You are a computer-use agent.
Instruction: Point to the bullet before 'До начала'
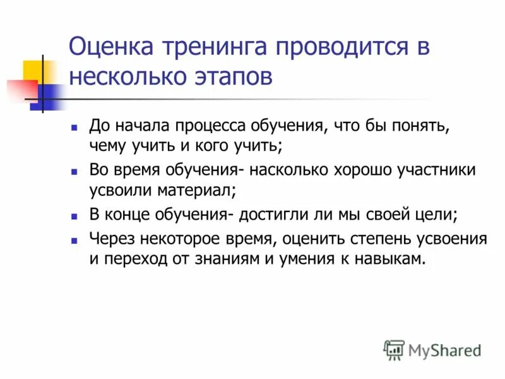point(74,127)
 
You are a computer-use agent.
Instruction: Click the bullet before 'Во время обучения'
point(74,171)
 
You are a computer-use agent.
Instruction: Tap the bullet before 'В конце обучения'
point(74,215)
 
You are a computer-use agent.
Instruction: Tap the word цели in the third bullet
point(436,215)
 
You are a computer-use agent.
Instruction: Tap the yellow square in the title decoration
point(33,71)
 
